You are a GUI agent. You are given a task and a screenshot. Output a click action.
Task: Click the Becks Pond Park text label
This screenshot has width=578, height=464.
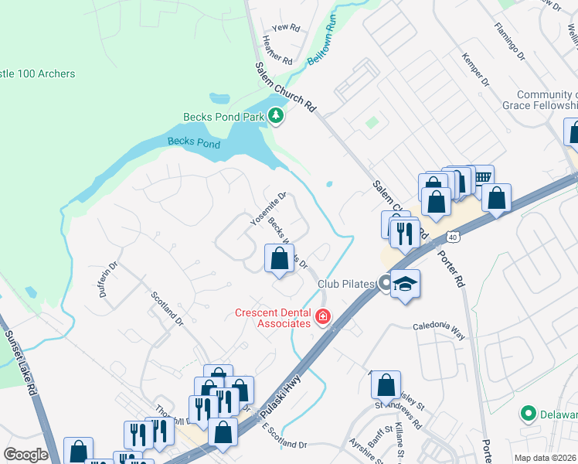(224, 118)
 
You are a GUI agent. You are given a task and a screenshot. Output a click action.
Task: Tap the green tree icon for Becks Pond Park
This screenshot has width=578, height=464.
(276, 117)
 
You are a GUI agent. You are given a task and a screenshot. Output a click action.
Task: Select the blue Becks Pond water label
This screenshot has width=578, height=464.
(194, 142)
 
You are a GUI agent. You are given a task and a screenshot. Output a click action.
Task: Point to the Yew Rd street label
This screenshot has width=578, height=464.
(286, 27)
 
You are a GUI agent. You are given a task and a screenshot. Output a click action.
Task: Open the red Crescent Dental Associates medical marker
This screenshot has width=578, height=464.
(322, 317)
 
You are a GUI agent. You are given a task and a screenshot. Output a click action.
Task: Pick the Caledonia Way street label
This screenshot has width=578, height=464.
(437, 326)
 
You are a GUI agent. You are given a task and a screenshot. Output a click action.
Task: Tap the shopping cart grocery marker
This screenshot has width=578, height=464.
(481, 178)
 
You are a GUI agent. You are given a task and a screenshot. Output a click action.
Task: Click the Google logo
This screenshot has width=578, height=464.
(25, 455)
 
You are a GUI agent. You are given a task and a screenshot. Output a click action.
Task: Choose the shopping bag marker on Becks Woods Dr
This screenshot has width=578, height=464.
(280, 258)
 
